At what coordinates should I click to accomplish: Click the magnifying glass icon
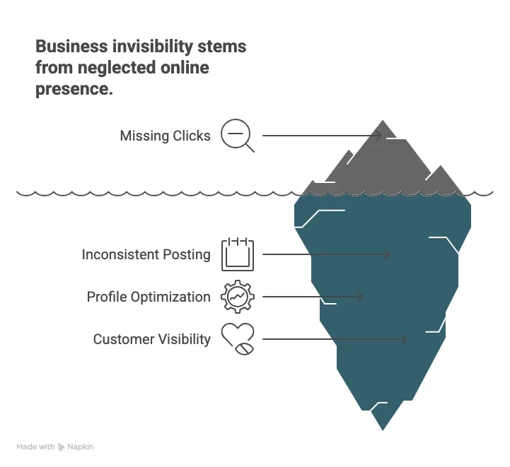[236, 134]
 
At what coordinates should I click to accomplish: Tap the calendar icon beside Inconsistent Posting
[238, 254]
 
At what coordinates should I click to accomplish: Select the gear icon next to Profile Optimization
[238, 297]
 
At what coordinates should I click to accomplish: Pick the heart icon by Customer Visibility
[238, 338]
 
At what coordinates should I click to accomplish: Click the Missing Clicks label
[166, 136]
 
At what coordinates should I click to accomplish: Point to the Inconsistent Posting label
[146, 254]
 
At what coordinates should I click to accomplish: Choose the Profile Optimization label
[149, 297]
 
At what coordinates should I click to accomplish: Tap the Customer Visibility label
[152, 339]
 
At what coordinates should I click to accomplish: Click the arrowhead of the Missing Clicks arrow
[379, 136]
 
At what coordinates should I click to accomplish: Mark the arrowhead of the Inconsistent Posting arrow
[387, 254]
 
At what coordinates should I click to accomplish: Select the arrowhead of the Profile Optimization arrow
[360, 297]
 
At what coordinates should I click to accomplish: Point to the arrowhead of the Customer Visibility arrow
[405, 339]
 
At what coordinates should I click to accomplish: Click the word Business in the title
[71, 46]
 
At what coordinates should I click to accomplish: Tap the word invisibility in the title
[153, 47]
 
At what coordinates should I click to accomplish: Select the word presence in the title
[74, 89]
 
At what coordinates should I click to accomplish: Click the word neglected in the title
[117, 69]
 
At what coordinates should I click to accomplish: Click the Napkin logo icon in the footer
[61, 447]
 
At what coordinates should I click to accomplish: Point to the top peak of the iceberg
[383, 121]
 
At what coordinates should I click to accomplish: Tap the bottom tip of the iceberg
[383, 430]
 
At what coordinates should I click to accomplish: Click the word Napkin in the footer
[81, 447]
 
